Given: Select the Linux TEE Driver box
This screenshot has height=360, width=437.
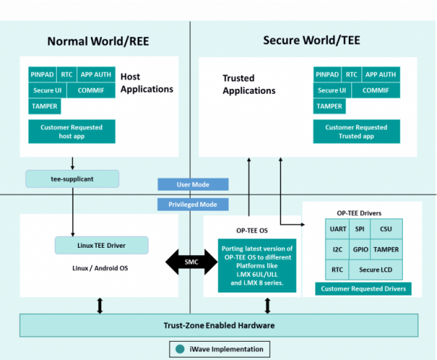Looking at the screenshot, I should pos(101,244).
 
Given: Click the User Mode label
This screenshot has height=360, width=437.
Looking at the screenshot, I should pos(194,184).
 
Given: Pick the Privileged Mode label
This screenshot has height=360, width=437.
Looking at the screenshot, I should pos(194,204).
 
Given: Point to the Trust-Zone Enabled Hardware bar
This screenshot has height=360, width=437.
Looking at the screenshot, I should pos(219,304).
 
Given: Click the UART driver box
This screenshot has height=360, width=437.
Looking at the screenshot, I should pos(337,229).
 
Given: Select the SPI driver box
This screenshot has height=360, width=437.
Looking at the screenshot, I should pos(359,229).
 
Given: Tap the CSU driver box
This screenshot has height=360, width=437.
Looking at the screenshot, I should pos(386,229).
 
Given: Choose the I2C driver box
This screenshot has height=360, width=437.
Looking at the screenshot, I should pos(337,249).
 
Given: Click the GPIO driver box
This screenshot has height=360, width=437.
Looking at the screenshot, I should pos(359,249).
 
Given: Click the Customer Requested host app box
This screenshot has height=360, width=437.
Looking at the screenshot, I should pos(71,131).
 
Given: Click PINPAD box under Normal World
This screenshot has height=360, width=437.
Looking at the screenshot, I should pos(42,74).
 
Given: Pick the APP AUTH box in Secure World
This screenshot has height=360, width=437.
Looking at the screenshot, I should pos(380,74).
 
